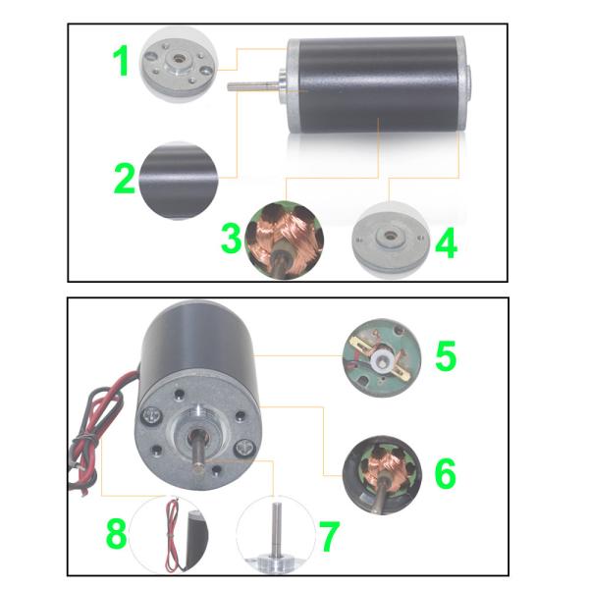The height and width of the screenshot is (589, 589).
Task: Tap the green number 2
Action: tap(123, 178)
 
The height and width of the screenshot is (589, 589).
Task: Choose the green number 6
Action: tap(445, 472)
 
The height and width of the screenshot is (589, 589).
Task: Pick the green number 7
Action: tap(329, 537)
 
